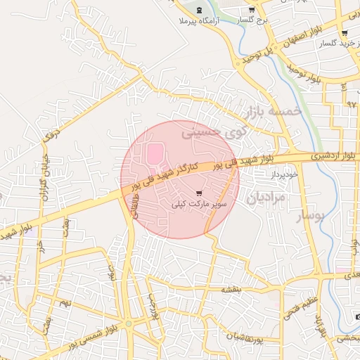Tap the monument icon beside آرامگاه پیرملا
click(198, 10)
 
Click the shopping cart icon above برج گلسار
click(252, 10)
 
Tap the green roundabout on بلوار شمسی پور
click(129, 323)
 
